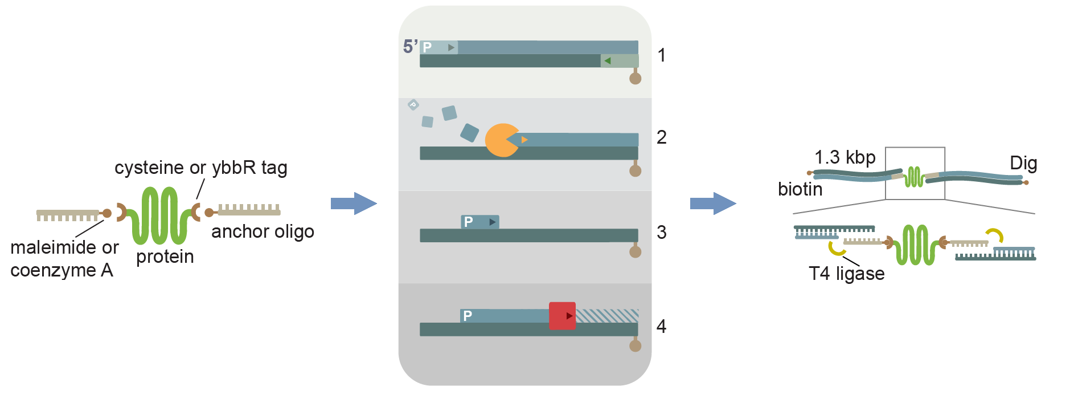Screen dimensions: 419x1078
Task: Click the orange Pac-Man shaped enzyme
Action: pos(500,140)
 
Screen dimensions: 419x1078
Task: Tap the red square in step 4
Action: pos(562,316)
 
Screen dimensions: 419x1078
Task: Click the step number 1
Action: pos(661,55)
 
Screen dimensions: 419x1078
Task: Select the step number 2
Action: pos(661,137)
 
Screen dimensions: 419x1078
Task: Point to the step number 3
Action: pos(661,233)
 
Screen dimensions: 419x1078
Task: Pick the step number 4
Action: pos(661,327)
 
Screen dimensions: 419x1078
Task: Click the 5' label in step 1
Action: pos(410,46)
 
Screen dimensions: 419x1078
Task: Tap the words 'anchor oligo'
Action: pos(263,231)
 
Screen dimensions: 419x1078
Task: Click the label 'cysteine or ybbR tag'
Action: pos(200,168)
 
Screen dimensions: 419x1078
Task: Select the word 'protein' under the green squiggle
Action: pos(165,257)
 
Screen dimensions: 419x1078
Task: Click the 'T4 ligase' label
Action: pos(846,274)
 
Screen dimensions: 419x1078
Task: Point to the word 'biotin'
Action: pos(800,189)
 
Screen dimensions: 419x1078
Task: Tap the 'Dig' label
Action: pos(1023,164)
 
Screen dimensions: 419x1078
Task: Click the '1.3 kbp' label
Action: pos(845,157)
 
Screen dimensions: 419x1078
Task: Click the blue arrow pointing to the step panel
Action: pos(354,204)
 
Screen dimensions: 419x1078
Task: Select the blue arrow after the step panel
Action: pos(713,204)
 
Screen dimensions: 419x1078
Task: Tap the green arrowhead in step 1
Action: pos(607,61)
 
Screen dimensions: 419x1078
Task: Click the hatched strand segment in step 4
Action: pos(607,315)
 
